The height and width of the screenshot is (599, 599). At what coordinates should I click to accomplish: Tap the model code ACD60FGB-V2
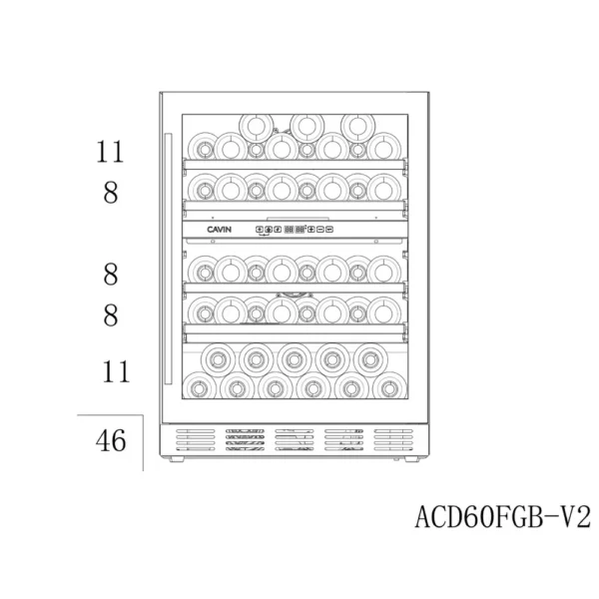coord(501,517)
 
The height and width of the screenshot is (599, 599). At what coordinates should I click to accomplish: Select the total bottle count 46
coord(111,440)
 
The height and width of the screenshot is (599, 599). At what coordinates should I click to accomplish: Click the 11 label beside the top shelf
coord(111,153)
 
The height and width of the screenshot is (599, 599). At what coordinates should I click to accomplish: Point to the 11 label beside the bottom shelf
coord(116,372)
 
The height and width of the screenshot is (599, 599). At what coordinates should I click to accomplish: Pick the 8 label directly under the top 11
coord(111,194)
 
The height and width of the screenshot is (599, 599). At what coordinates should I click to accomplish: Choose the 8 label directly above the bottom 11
coord(111,315)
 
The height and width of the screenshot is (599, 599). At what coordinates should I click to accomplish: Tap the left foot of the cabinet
coord(180,465)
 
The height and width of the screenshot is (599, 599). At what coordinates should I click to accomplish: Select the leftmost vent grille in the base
coord(197,443)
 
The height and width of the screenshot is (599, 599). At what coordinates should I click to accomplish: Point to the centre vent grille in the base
coord(295,443)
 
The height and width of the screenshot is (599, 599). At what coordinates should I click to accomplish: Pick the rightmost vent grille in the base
coord(392,443)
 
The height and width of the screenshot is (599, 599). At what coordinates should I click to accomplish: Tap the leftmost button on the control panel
coord(260,229)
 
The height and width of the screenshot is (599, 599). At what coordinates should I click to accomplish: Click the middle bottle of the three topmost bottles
coord(305,126)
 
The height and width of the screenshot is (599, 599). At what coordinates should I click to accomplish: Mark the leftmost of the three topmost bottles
coord(257,126)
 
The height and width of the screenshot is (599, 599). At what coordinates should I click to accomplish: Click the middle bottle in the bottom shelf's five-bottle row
coord(292,357)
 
